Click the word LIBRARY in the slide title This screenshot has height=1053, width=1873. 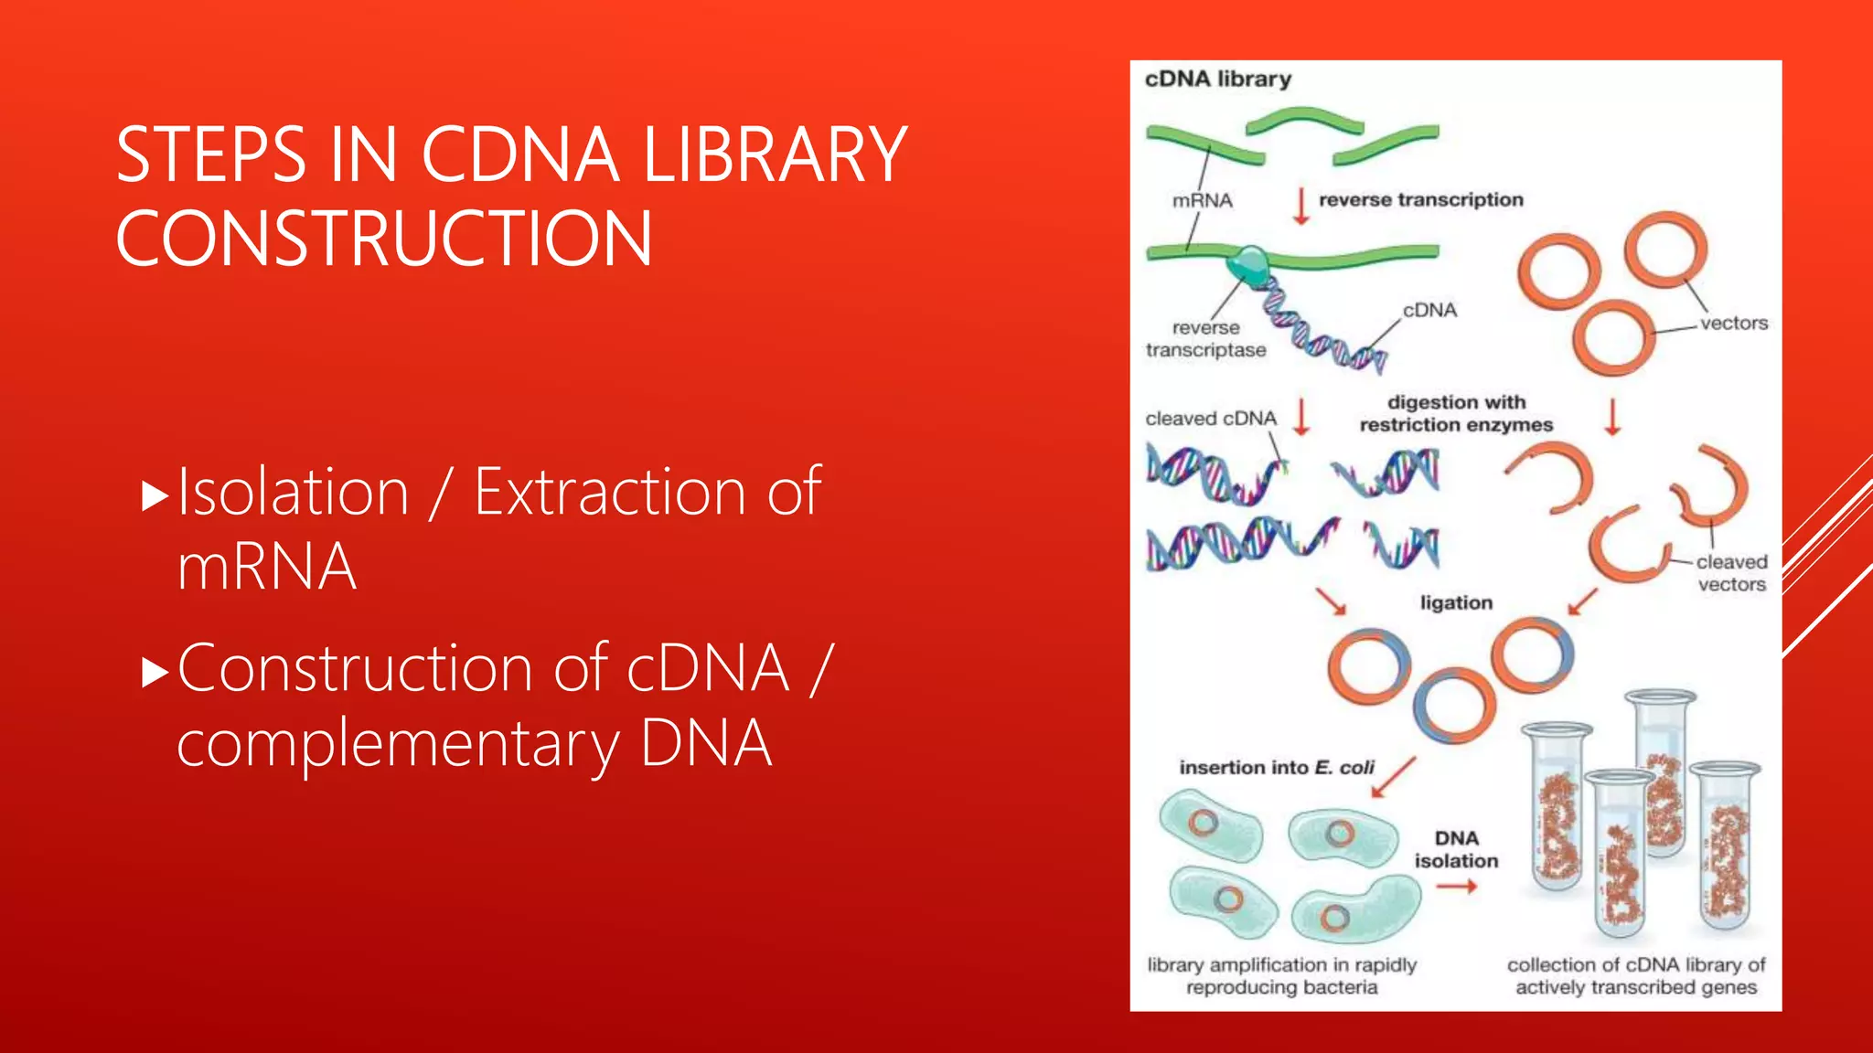(775, 155)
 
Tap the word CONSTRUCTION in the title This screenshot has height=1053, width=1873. (384, 239)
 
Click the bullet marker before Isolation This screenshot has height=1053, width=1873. (156, 495)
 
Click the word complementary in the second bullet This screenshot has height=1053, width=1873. (399, 743)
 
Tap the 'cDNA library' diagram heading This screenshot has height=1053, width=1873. (1217, 80)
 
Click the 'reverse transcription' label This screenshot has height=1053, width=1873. (1420, 200)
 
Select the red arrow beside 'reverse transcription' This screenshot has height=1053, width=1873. (1300, 206)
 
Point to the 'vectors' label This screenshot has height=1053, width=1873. (1733, 324)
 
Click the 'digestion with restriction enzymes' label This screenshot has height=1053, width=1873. (1456, 413)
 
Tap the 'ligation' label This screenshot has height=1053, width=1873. (1456, 603)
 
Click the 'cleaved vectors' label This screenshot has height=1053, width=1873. (1731, 573)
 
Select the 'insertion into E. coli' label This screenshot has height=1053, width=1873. (1277, 768)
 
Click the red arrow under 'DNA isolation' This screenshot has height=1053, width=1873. (1456, 887)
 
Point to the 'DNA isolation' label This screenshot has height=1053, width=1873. (1456, 849)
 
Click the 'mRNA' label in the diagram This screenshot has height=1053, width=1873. (1202, 201)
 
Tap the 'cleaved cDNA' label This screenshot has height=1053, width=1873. (1210, 419)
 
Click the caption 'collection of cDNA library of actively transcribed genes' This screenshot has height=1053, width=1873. (1635, 976)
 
